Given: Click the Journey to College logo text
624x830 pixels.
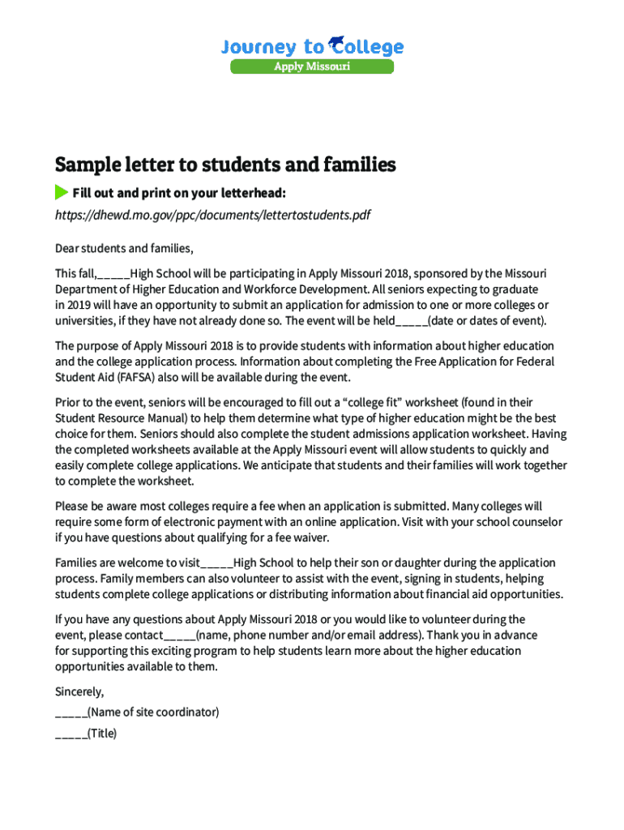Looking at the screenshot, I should click(312, 47).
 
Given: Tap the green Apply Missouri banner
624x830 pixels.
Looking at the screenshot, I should click(312, 66).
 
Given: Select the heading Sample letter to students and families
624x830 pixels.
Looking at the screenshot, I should click(225, 165).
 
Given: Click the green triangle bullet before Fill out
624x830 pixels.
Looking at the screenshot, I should click(62, 193).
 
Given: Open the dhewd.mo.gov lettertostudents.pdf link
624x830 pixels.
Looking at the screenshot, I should click(212, 216).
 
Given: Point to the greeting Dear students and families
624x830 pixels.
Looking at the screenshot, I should click(124, 248).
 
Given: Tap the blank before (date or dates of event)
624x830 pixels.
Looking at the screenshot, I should click(412, 320).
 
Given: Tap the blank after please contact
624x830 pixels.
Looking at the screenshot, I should click(180, 635).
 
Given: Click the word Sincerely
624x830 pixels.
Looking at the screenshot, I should click(79, 691).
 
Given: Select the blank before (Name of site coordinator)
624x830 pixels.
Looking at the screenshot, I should click(71, 712).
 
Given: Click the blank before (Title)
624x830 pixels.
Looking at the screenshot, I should click(71, 734).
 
